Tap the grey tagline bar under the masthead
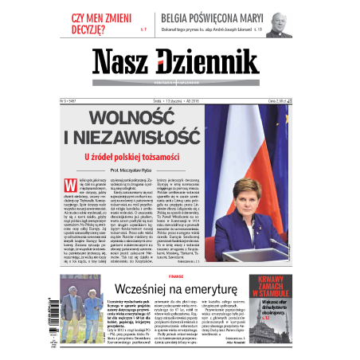point(179,83)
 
